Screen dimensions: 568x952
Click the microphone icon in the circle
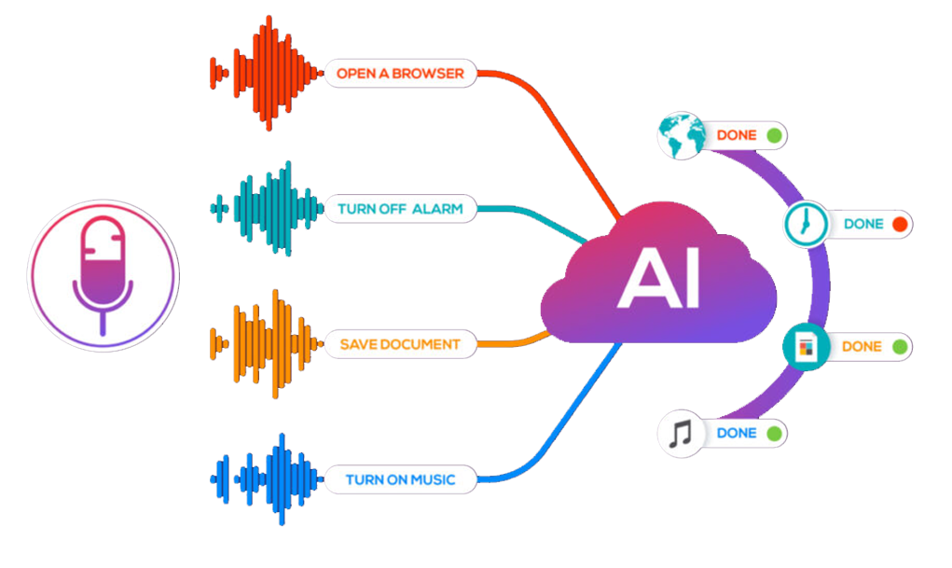click(x=103, y=273)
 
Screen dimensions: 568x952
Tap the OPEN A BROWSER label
click(x=400, y=73)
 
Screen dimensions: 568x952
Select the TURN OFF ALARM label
click(x=400, y=209)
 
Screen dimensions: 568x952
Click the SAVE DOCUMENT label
click(x=400, y=344)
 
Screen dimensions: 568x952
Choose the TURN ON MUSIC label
click(x=400, y=480)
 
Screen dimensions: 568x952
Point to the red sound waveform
click(x=266, y=73)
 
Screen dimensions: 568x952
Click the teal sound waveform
click(x=266, y=209)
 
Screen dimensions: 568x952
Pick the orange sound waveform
click(x=266, y=344)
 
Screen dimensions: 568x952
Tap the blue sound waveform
click(x=266, y=480)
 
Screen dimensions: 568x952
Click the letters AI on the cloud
click(x=658, y=279)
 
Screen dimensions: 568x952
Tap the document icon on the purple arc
click(x=804, y=347)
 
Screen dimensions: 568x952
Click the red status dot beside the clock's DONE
click(x=899, y=225)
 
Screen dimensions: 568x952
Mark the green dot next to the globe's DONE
click(x=773, y=136)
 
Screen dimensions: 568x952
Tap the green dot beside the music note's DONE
click(x=773, y=434)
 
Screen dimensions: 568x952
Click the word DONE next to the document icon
click(x=862, y=347)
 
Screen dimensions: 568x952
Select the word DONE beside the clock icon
click(x=863, y=225)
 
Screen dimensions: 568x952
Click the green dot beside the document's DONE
click(x=899, y=347)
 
